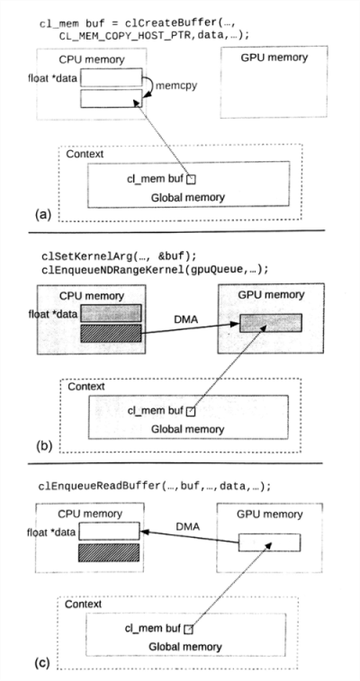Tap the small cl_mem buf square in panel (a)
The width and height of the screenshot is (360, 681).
click(x=189, y=179)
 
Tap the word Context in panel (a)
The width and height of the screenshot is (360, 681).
click(x=86, y=154)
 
